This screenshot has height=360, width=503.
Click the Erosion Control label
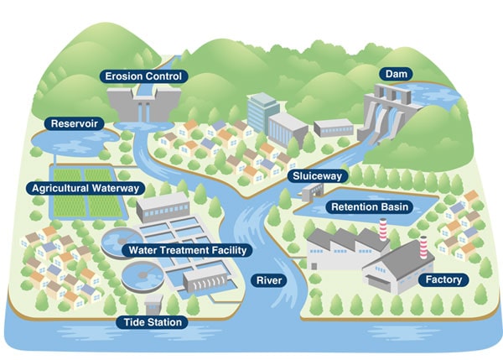pyautogui.click(x=143, y=76)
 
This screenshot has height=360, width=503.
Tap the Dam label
pyautogui.click(x=397, y=74)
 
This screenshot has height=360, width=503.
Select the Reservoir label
pyautogui.click(x=74, y=123)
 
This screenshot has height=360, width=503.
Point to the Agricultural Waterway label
pyautogui.click(x=86, y=188)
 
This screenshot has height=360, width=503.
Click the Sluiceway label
pyautogui.click(x=317, y=176)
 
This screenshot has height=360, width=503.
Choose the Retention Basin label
pyautogui.click(x=370, y=206)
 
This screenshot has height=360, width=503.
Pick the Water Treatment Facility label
pyautogui.click(x=188, y=250)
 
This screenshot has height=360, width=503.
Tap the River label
pyautogui.click(x=269, y=280)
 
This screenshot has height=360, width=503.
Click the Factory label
pyautogui.click(x=443, y=279)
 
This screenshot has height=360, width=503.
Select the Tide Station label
pyautogui.click(x=153, y=322)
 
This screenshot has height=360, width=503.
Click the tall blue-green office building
pyautogui.click(x=263, y=113)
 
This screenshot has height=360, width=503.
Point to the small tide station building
pyautogui.click(x=153, y=305)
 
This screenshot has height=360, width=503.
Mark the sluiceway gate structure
pyautogui.click(x=312, y=192)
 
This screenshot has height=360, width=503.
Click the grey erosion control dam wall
pyautogui.click(x=143, y=103)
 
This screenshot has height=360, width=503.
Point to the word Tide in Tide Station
pyautogui.click(x=132, y=322)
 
